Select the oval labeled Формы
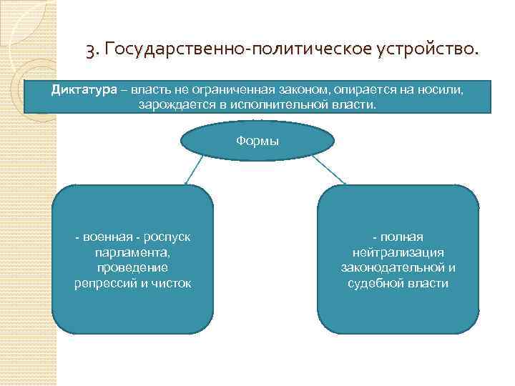click(x=257, y=141)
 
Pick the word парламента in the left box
click(x=133, y=252)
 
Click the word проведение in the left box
click(x=133, y=267)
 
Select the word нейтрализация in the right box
click(x=398, y=252)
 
